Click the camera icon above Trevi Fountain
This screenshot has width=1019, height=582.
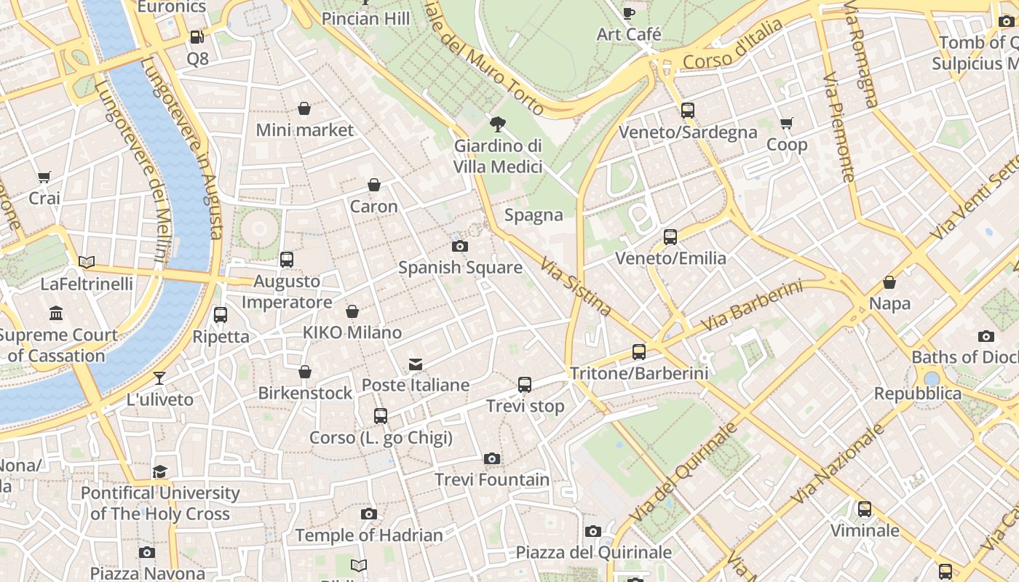coord(492,458)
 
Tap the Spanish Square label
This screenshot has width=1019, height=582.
coord(460,267)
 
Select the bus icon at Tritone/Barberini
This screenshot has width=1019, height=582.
coord(639,352)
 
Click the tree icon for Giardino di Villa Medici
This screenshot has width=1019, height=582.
coord(498,124)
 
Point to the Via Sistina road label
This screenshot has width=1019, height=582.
coord(576,286)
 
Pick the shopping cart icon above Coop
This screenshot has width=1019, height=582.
coord(786,124)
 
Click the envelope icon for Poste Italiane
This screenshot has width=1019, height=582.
coord(416,364)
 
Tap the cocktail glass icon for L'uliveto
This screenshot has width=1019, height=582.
coord(159,378)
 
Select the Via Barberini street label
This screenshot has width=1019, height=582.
coord(752,306)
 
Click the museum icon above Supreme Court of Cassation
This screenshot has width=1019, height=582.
coord(56,314)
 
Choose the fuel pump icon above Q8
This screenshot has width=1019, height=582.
coord(197,37)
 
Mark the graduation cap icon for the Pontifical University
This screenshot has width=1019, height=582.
coord(160,471)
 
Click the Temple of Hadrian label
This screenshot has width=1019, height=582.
coord(369,535)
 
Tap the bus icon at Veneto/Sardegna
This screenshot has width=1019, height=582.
coord(688,111)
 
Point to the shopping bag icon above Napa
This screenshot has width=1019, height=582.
coord(889,282)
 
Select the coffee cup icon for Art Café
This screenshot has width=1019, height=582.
coord(629,13)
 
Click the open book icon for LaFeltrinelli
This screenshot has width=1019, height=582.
coord(87,262)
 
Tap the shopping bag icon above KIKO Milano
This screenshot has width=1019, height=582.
coord(352,311)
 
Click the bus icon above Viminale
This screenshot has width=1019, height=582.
coord(865,509)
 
